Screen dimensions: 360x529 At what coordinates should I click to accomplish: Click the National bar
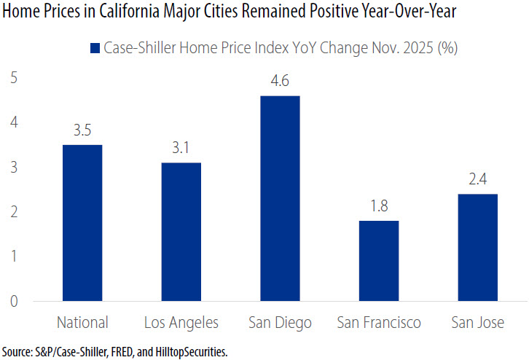click(x=82, y=222)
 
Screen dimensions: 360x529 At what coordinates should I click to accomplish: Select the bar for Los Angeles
click(x=181, y=231)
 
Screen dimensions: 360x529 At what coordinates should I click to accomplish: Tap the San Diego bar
click(x=280, y=198)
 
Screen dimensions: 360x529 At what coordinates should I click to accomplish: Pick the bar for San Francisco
click(x=378, y=260)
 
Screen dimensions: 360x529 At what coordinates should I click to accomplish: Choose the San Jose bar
click(x=477, y=247)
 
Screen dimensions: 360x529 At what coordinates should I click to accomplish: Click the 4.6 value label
click(x=280, y=82)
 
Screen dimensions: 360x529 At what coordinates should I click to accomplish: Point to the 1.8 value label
click(x=378, y=207)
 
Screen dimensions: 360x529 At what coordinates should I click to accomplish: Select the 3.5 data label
click(x=82, y=131)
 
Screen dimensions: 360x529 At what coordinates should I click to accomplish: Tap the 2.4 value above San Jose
click(x=477, y=180)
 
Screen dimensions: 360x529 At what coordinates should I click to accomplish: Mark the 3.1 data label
click(x=181, y=149)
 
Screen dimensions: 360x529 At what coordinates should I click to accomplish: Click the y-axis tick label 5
click(x=14, y=78)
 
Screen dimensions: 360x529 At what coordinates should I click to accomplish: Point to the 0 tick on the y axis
click(x=14, y=301)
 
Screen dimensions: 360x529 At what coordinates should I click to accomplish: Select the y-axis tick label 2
click(x=14, y=212)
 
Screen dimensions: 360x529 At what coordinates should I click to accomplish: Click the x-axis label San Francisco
click(x=378, y=322)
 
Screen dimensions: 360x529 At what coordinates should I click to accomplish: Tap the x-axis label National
click(x=82, y=322)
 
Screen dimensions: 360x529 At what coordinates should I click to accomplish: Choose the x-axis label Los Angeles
click(x=181, y=322)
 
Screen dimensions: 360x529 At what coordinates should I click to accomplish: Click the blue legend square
click(x=94, y=49)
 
